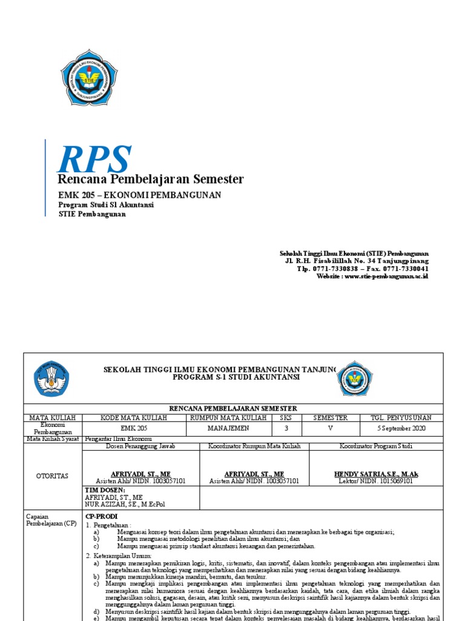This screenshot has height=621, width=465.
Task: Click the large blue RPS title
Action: [94, 158]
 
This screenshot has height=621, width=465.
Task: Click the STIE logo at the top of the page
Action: [93, 78]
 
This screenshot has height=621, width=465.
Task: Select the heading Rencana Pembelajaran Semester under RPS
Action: [150, 179]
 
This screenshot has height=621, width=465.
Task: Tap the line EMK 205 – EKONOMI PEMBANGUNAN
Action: [139, 195]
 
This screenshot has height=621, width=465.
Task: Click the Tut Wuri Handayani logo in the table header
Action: [51, 379]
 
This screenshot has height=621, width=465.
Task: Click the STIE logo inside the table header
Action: [354, 378]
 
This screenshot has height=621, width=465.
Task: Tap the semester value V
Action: [330, 428]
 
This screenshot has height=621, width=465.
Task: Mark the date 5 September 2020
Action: [401, 428]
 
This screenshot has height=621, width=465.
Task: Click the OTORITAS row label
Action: [52, 477]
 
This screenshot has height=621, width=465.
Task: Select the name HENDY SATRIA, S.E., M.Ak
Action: [376, 474]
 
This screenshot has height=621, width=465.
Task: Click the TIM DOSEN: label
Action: [105, 489]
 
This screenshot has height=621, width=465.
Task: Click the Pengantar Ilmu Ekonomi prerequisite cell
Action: [118, 438]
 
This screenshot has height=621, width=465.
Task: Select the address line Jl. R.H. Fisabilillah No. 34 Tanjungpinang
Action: [357, 261]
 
